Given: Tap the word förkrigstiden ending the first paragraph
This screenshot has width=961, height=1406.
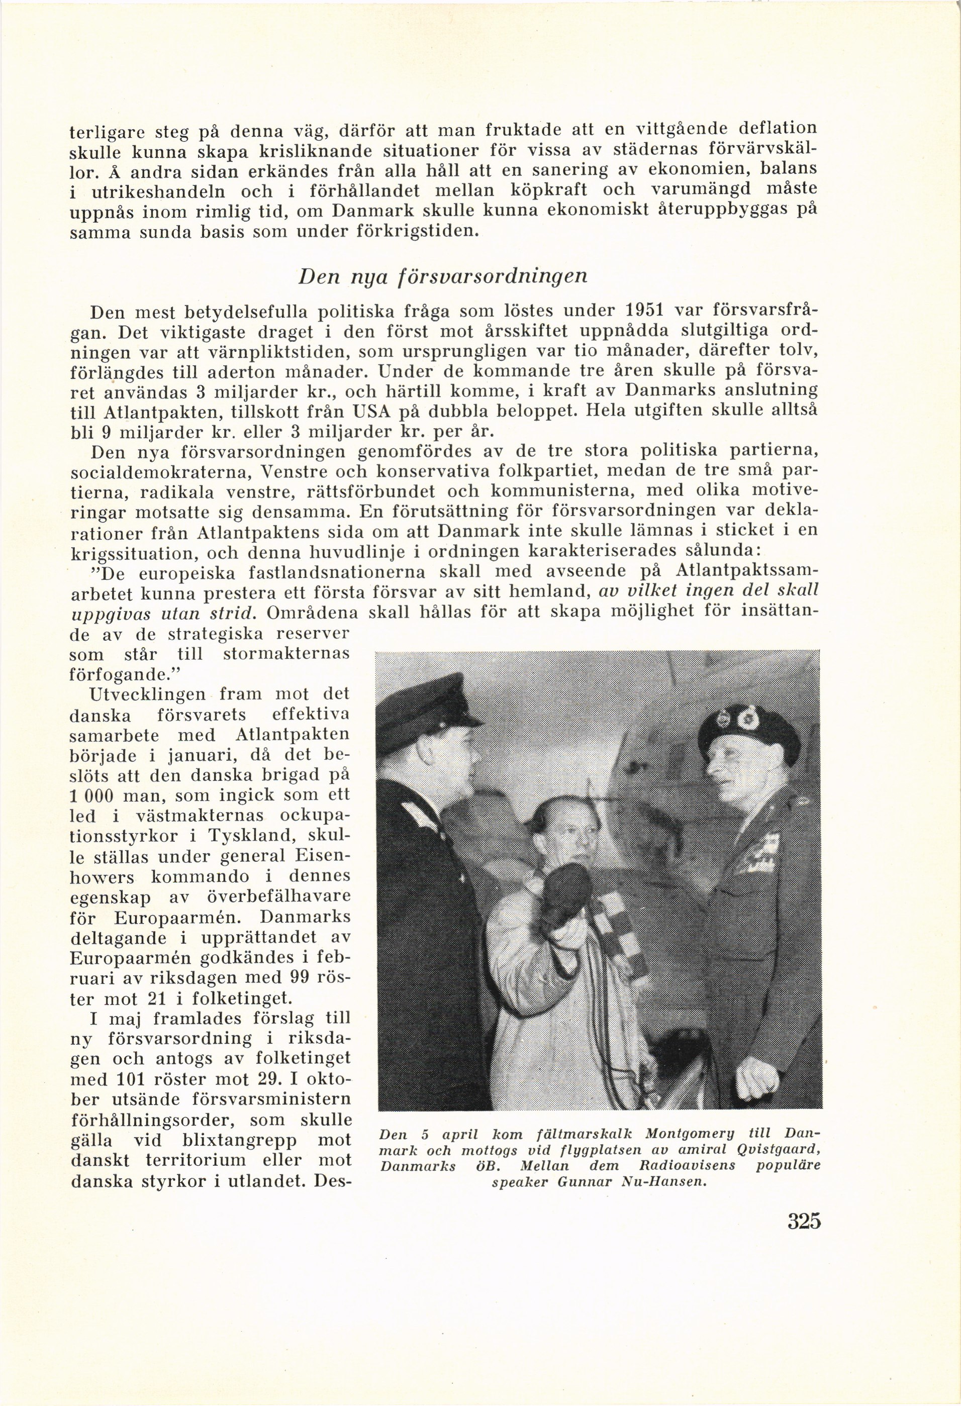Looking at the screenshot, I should [x=415, y=232].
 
